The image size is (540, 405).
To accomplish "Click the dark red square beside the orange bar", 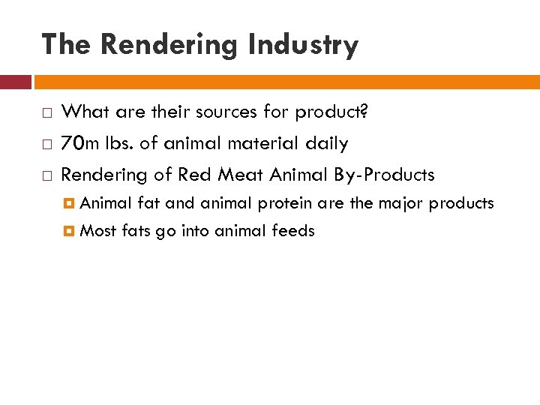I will [x=15, y=82].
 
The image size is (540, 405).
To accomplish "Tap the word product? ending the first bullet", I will [x=332, y=112].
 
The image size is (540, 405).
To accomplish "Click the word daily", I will [x=325, y=143].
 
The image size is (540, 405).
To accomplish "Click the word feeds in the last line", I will [x=295, y=231].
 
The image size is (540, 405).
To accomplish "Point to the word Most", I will [x=97, y=231].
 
